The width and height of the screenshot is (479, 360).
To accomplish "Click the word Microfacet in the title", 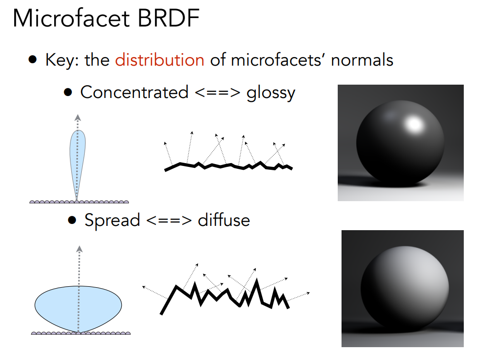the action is (71, 19).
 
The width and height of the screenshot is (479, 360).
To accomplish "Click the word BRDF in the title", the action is (169, 19).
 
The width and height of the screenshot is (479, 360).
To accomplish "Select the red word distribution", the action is (159, 59).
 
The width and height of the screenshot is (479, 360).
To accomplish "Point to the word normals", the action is (362, 60).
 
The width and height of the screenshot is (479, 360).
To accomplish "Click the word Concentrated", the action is (134, 92).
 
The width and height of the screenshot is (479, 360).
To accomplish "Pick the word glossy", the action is (271, 93).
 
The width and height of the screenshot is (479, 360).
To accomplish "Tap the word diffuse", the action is (224, 220).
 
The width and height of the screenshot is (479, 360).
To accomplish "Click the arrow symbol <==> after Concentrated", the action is (217, 93).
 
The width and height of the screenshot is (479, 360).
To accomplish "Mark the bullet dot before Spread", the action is (72, 220).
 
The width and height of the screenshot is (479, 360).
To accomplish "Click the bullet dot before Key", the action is (33, 59).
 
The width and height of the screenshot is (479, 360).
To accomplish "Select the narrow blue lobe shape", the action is (78, 159).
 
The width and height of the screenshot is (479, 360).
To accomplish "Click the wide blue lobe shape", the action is (78, 305).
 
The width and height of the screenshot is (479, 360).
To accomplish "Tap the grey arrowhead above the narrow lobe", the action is (78, 117).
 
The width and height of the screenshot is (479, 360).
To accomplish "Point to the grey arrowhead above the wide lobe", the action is (79, 249).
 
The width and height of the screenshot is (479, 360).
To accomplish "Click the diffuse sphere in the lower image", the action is (404, 289).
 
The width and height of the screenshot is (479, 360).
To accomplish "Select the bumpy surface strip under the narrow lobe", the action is (79, 202).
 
